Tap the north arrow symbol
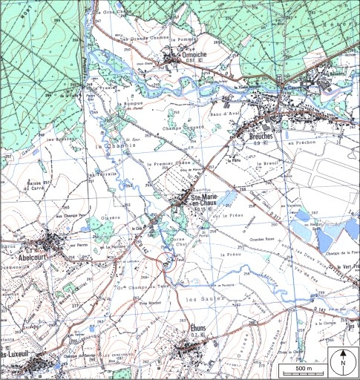click(x=343, y=362)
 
